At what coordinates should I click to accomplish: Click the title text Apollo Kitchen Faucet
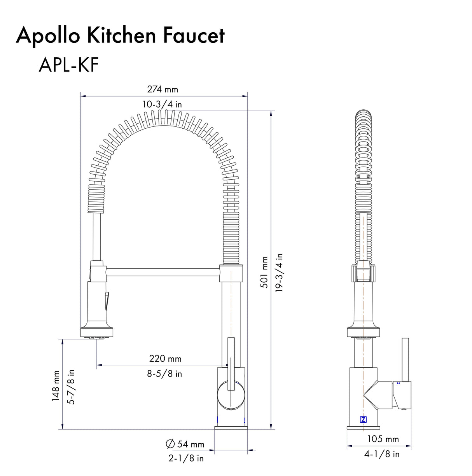(120, 35)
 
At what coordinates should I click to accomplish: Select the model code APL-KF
(68, 65)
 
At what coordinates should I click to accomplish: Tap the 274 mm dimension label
(163, 89)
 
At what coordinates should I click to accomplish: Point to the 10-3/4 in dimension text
(162, 104)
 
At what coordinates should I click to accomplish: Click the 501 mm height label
(264, 272)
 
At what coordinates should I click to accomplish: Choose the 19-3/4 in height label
(279, 272)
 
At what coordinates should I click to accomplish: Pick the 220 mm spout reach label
(165, 359)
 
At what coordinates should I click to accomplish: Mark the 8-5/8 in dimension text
(164, 374)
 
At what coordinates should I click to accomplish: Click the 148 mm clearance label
(56, 386)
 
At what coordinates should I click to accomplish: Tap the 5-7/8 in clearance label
(71, 387)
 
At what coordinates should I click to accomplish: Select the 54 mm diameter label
(191, 444)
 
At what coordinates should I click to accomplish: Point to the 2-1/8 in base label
(186, 458)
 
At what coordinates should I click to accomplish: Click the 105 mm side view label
(383, 439)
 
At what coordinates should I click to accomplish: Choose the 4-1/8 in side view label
(382, 454)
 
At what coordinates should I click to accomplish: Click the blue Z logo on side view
(363, 420)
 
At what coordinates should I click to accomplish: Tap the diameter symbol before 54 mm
(170, 444)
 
